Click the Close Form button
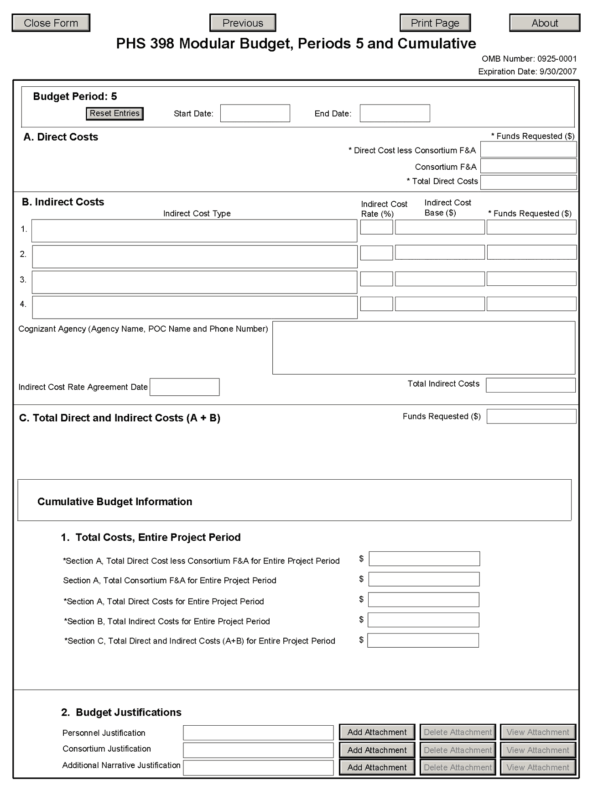tap(51, 23)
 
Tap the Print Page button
tap(435, 23)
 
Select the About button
tap(545, 23)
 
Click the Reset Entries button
tap(114, 114)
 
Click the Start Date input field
tap(255, 113)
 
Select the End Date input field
tap(395, 113)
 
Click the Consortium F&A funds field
tap(528, 166)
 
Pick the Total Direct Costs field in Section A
tap(528, 182)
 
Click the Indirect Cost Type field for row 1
tap(194, 231)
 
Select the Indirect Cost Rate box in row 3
tap(376, 279)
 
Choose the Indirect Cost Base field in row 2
tap(440, 252)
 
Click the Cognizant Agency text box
tap(423, 348)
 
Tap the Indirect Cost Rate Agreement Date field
tap(184, 387)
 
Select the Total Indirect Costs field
tap(531, 385)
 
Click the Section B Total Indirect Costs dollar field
tap(423, 620)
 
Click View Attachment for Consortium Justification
tap(538, 750)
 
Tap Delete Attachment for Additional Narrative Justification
tap(458, 767)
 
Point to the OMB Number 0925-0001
tap(529, 59)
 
